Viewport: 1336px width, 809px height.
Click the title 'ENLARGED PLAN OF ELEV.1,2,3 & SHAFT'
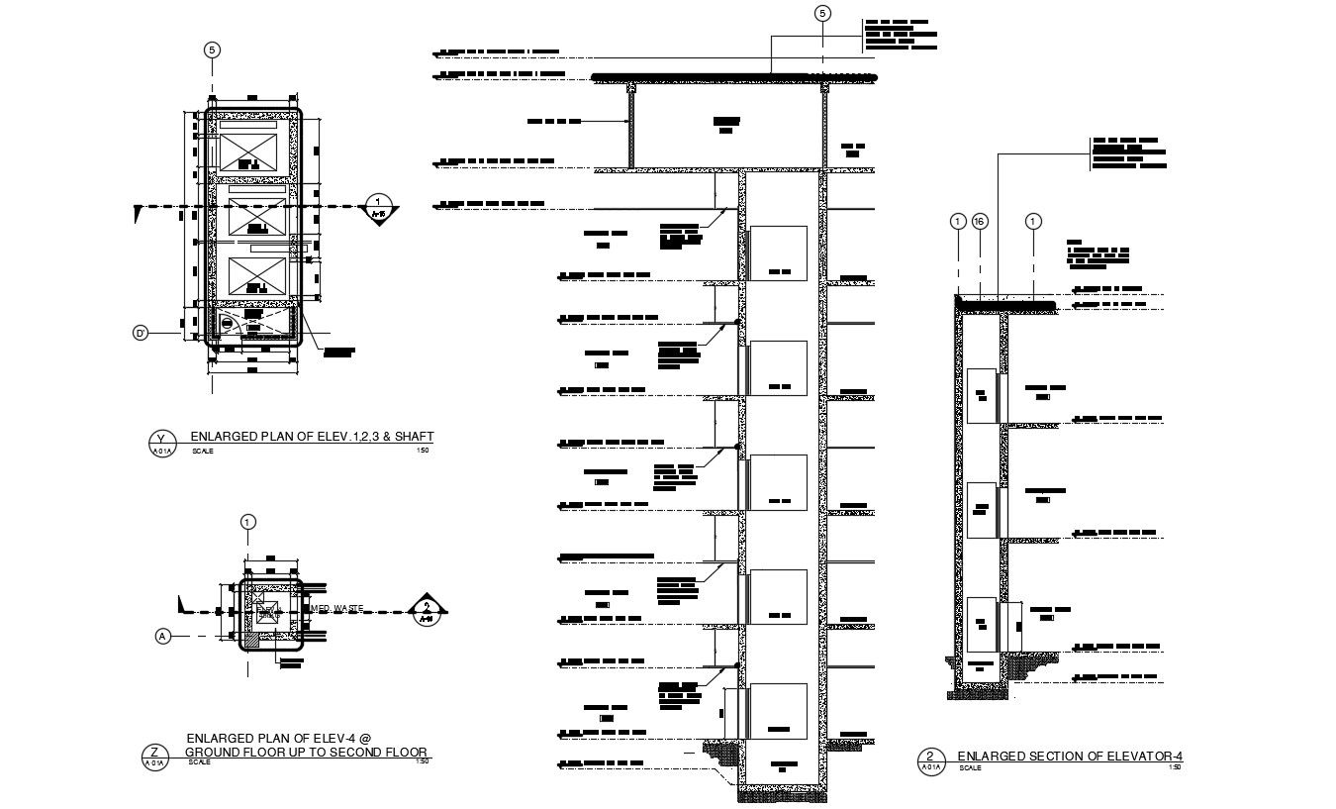click(x=312, y=436)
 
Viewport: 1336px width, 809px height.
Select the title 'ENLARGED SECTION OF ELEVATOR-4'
click(x=1070, y=758)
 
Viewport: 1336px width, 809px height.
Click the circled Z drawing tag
click(x=154, y=754)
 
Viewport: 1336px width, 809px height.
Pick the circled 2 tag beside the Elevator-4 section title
click(x=930, y=758)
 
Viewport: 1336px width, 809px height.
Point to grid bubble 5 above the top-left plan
click(x=210, y=51)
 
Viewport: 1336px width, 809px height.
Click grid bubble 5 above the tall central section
click(x=822, y=13)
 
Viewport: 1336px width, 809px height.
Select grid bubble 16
click(x=979, y=222)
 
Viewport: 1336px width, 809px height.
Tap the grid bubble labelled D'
click(x=141, y=334)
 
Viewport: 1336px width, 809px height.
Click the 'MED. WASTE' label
click(x=338, y=608)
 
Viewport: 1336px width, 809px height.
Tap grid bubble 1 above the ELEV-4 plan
click(x=247, y=522)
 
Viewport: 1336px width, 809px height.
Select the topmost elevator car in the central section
click(x=777, y=253)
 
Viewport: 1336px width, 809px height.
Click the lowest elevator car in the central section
click(x=777, y=711)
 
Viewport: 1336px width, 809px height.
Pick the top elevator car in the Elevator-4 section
click(x=981, y=395)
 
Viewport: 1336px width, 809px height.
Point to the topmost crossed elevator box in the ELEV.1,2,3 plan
click(x=250, y=152)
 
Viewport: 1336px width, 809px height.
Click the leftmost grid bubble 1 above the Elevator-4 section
click(x=957, y=222)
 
